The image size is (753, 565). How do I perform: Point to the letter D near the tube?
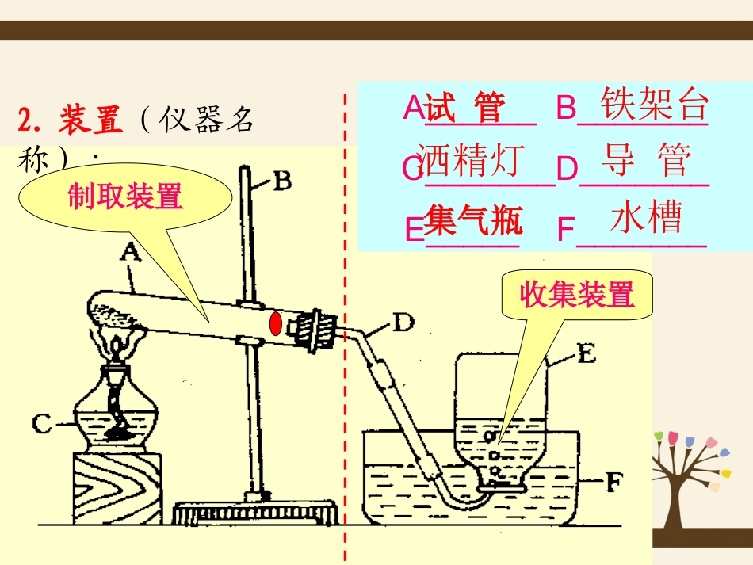403,323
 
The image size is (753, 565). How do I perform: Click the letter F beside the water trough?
615,479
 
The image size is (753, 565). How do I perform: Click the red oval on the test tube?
275,324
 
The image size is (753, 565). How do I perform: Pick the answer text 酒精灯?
471,160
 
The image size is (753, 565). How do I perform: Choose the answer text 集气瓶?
473,220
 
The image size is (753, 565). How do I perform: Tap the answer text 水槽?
646,217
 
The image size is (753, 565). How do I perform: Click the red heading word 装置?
91,120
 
